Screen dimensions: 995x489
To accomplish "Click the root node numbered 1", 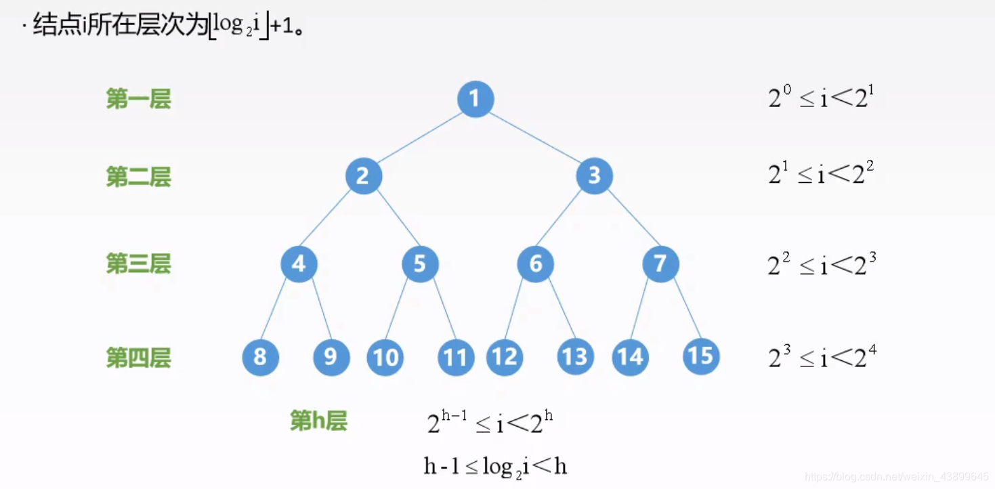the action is pos(475,99).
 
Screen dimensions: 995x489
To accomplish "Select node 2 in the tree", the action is pos(364,176).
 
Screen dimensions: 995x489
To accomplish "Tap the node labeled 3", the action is pos(594,176).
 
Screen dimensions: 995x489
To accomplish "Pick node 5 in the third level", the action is pos(420,263).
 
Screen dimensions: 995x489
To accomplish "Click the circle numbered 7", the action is pos(660,263).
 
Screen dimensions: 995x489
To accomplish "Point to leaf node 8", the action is pos(261,357).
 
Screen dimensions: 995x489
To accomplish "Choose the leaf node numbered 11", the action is pos(456,357).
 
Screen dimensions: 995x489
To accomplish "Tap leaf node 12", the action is pos(505,357).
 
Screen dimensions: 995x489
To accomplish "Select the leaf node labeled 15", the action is pos(701,356).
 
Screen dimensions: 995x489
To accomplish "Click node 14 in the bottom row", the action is pos(631,357).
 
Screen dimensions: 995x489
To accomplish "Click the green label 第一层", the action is pos(139,99).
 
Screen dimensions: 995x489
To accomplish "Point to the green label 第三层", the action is pos(139,263).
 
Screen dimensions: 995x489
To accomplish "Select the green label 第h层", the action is pos(318,421).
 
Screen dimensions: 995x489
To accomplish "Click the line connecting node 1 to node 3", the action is pos(535,137).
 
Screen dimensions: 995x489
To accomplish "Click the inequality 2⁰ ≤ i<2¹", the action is pos(819,99).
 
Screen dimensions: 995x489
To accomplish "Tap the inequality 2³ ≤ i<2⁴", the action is pos(822,356).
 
